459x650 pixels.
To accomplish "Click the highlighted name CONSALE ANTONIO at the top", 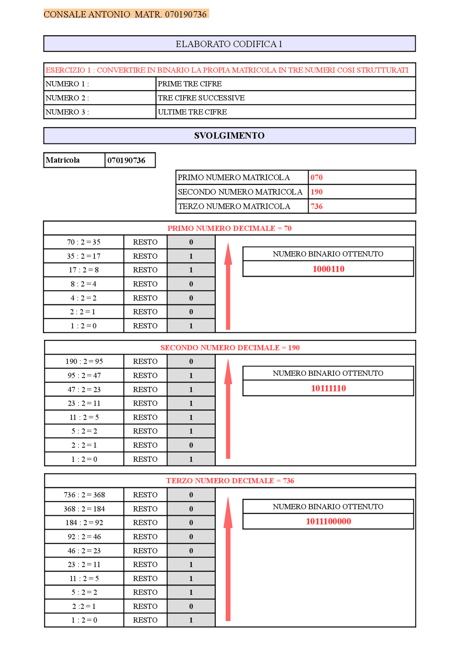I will coord(87,14).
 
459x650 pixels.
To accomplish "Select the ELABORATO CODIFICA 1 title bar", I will coord(229,44).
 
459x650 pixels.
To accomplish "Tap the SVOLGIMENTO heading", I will coord(229,136).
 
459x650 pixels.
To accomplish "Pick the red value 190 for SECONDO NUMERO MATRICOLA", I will coord(317,192).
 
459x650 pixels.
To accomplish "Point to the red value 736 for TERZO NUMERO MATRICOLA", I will coord(317,206).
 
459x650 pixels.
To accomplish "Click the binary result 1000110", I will coord(328,269).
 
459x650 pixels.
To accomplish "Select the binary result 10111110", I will coord(328,388).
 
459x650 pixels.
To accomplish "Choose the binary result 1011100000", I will coord(328,522).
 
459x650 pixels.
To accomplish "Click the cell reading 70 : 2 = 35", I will coord(84,242).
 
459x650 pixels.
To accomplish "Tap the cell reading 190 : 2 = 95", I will coord(84,361).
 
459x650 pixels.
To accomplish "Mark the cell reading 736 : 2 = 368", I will coord(84,495).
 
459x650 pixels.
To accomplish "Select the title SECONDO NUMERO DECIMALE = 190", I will coord(230,348).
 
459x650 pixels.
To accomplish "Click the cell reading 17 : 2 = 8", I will coord(84,270).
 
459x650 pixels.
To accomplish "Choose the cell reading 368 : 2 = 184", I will coord(84,509).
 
